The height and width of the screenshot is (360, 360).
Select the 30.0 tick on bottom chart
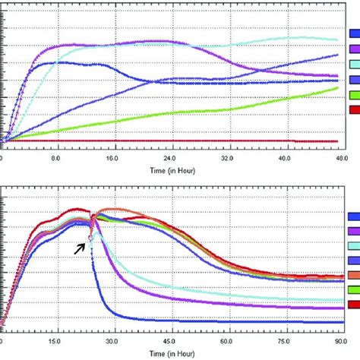tap(114, 342)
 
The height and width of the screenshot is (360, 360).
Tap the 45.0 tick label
tap(170, 342)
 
